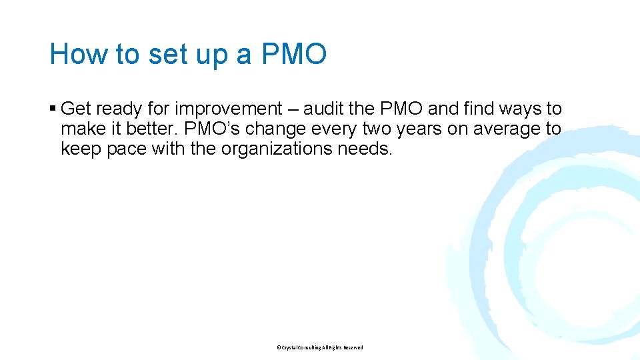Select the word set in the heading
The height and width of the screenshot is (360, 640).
168,54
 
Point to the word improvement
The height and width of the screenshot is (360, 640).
229,109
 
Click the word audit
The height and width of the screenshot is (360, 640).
325,109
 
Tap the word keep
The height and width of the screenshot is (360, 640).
81,149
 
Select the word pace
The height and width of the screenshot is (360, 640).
127,149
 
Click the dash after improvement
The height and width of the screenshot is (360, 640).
293,109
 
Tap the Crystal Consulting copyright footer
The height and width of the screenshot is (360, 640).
320,347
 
